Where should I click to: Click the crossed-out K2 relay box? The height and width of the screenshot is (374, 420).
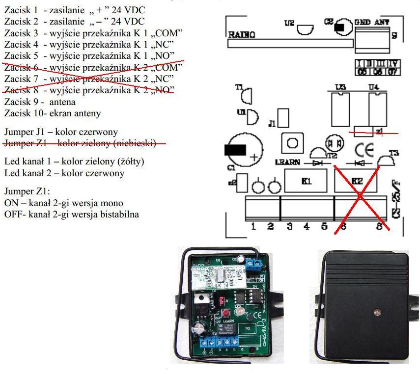click(358, 181)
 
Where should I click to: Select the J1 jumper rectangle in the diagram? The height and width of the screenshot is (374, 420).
click(283, 118)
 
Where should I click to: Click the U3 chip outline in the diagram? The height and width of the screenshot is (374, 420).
click(340, 108)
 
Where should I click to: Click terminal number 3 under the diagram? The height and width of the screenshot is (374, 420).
click(290, 226)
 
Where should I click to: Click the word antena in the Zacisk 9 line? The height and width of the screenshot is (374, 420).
click(63, 102)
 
